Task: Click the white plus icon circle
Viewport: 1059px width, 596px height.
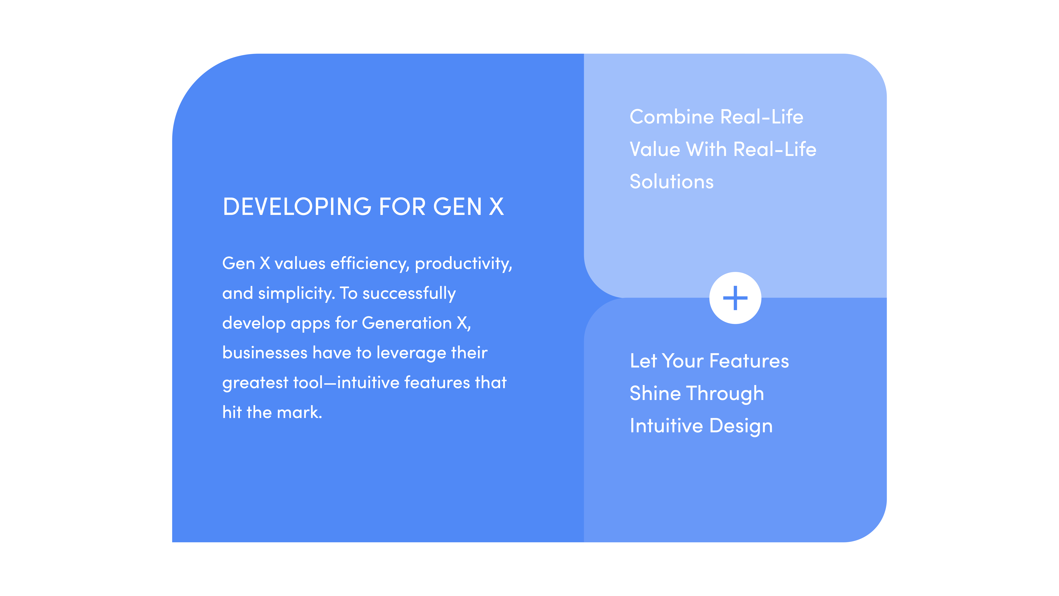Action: pyautogui.click(x=735, y=298)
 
